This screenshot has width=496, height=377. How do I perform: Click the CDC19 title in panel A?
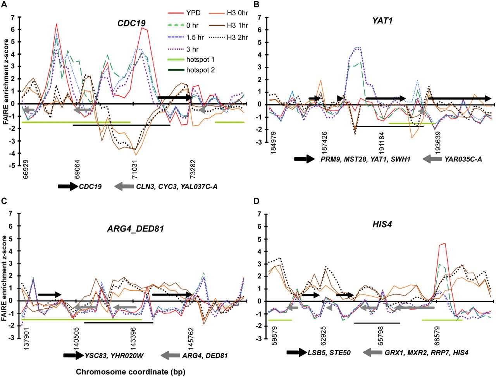(x=131, y=24)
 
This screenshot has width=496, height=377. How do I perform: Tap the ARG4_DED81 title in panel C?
(x=135, y=228)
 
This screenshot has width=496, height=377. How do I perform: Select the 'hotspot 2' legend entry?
(x=200, y=70)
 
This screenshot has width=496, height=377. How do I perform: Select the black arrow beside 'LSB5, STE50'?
(x=296, y=353)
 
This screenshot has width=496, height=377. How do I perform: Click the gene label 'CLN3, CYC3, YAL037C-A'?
(x=176, y=187)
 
